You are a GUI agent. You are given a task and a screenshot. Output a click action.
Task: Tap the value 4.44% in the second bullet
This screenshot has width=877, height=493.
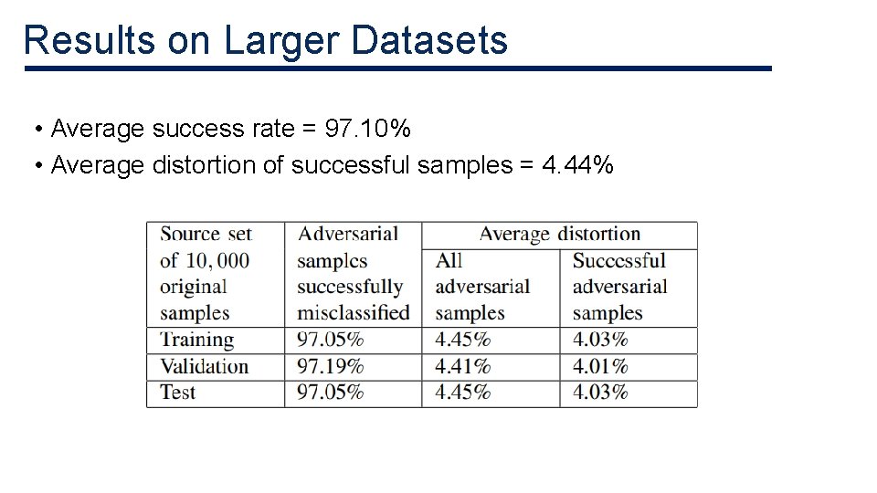[x=577, y=165]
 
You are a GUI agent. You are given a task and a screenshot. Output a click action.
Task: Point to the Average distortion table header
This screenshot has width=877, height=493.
[x=559, y=235]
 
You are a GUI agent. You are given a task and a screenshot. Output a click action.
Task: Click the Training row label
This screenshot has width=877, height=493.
[x=197, y=341]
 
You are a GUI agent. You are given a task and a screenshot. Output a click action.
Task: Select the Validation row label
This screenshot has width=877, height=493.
[x=204, y=367]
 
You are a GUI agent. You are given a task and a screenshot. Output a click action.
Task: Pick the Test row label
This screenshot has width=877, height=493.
[x=178, y=393]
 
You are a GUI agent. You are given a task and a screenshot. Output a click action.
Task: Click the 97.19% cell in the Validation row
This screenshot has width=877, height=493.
[x=330, y=367]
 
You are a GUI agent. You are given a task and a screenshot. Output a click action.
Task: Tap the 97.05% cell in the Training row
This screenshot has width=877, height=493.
[x=330, y=341]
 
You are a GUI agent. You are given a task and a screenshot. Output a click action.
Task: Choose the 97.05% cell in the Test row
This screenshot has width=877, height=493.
[x=330, y=393]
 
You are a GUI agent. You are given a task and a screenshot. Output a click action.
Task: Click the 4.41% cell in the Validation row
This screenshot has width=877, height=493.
[x=462, y=367]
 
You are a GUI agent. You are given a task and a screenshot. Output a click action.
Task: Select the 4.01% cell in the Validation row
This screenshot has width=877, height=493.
[x=600, y=367]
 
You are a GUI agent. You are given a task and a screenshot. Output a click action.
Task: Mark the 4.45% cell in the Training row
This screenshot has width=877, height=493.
[x=462, y=341]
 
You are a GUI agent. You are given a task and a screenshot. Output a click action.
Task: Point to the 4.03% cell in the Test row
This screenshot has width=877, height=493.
[x=600, y=393]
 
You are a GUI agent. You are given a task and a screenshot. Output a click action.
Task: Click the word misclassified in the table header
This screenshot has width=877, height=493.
[x=354, y=313]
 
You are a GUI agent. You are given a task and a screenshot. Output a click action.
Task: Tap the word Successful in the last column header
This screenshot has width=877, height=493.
[x=618, y=261]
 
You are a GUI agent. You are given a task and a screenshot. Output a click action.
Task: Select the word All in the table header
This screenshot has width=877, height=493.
[x=449, y=261]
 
